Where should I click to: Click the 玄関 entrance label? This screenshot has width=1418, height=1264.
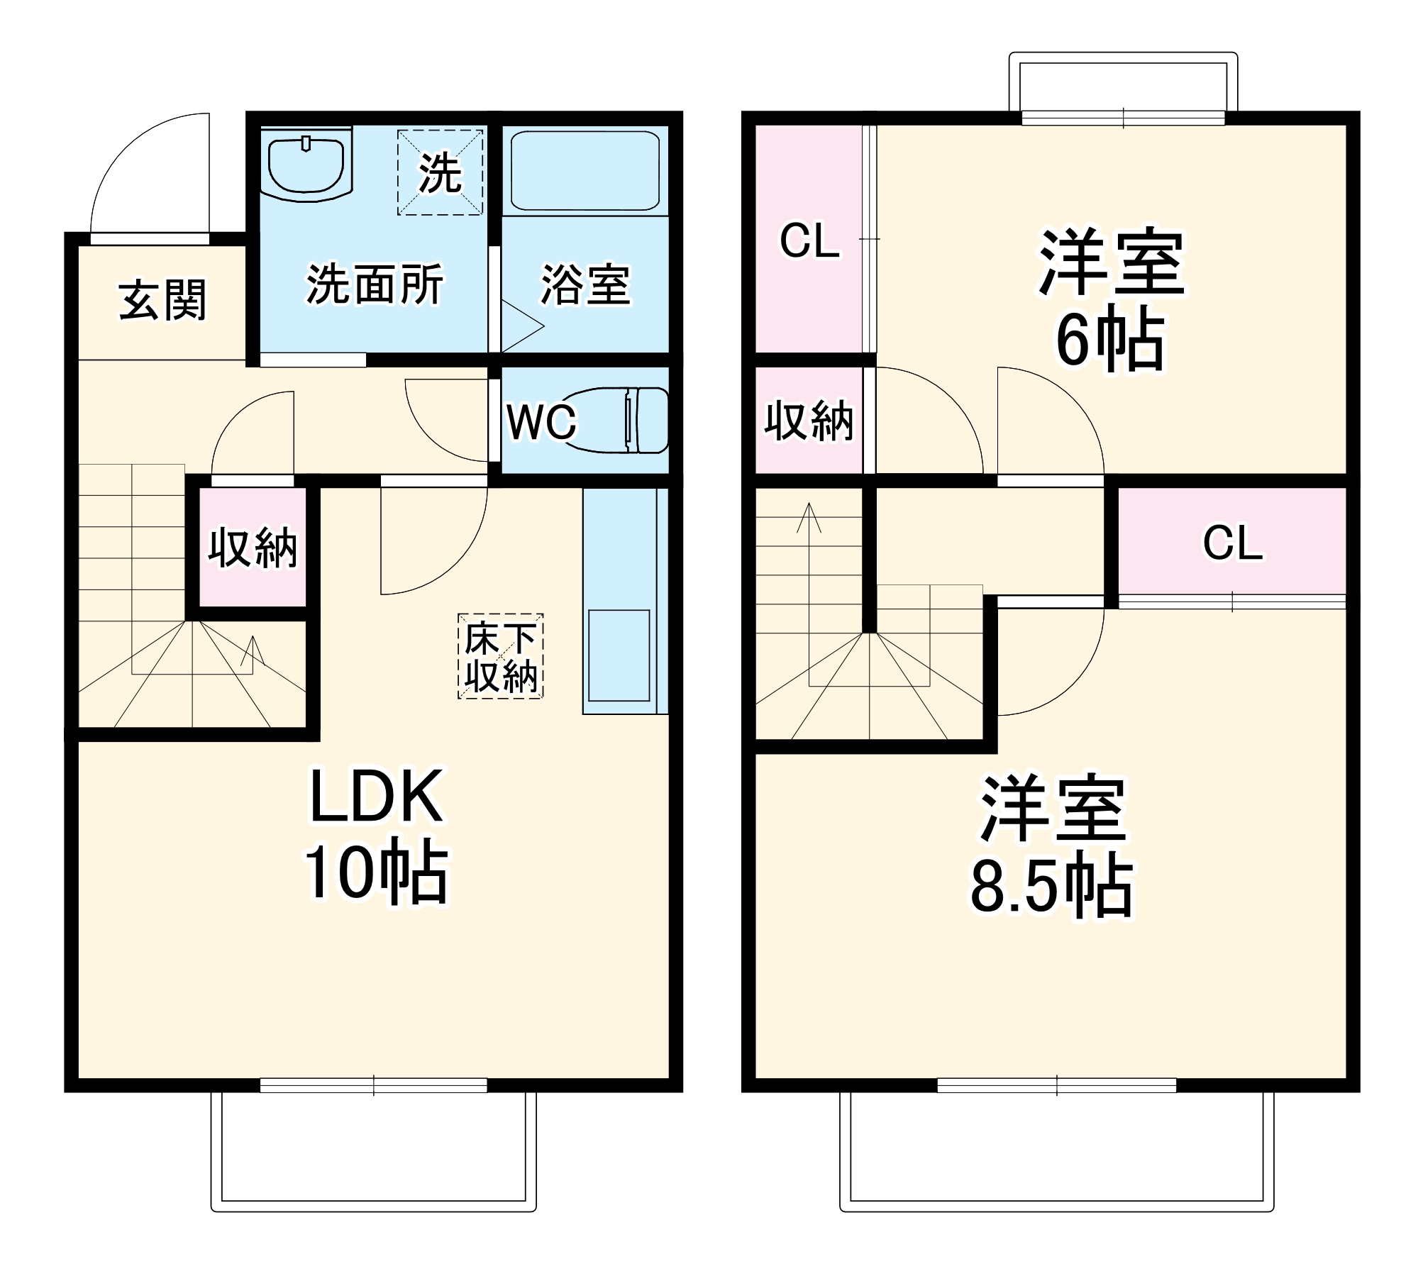pyautogui.click(x=162, y=300)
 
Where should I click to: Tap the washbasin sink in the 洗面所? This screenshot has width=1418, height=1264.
pyautogui.click(x=306, y=165)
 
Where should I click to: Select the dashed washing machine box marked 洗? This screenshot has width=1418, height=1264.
pyautogui.click(x=440, y=172)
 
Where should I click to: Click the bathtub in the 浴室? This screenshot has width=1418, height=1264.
pyautogui.click(x=585, y=170)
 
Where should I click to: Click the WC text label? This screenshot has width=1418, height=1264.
pyautogui.click(x=541, y=423)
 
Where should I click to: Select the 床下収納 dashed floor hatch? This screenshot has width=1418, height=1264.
pyautogui.click(x=500, y=656)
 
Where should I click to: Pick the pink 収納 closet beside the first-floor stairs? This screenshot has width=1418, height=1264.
pyautogui.click(x=253, y=547)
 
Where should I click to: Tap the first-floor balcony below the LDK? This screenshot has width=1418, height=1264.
pyautogui.click(x=374, y=1149)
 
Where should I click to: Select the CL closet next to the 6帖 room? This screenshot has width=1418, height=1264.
pyautogui.click(x=809, y=239)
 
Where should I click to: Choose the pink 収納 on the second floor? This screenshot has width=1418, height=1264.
pyautogui.click(x=809, y=421)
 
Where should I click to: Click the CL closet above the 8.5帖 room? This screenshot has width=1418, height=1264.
pyautogui.click(x=1232, y=543)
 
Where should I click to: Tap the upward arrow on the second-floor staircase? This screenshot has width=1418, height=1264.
pyautogui.click(x=809, y=518)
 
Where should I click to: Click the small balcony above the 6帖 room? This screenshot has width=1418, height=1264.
pyautogui.click(x=1124, y=85)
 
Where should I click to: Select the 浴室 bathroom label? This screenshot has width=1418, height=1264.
pyautogui.click(x=585, y=285)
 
